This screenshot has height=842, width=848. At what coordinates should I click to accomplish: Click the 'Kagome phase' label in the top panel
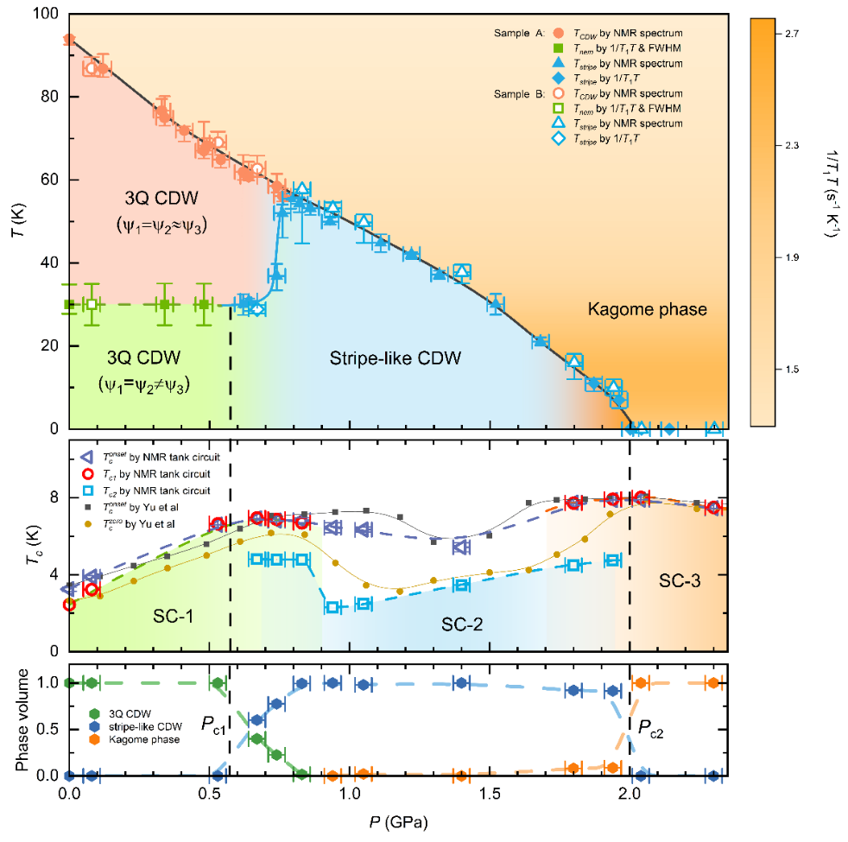coord(648,309)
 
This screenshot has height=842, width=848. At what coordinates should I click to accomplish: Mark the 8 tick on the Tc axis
coord(52,498)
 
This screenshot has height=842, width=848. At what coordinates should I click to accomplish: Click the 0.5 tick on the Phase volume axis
coord(47,729)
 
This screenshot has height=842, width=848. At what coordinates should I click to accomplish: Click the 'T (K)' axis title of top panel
coord(18,221)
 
